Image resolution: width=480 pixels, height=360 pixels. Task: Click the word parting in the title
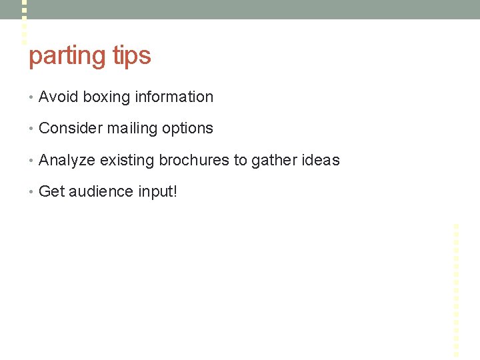pos(67,56)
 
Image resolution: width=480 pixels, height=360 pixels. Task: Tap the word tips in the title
pos(131,56)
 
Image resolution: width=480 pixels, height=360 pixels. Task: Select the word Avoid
pos(59,97)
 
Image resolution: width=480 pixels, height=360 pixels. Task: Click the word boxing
pos(107,97)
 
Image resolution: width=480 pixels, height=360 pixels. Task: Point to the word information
pos(174,97)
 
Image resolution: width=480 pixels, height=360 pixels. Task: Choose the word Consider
pos(70,128)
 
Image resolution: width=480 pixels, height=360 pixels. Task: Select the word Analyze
pos(67,161)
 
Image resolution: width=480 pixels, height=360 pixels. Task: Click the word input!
pos(157,193)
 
